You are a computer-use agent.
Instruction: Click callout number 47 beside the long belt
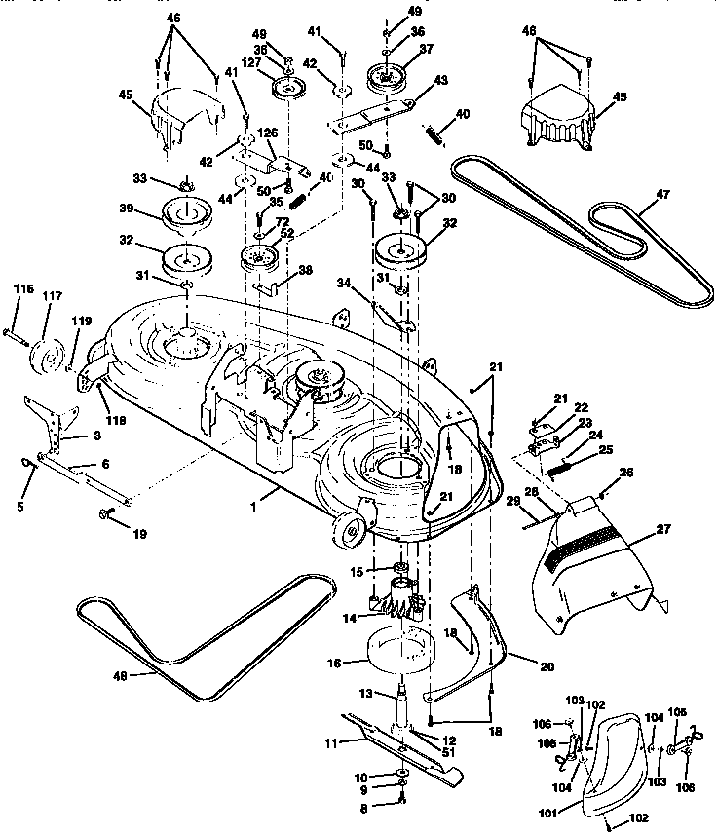(x=662, y=194)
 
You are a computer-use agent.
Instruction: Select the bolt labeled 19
(x=102, y=513)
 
